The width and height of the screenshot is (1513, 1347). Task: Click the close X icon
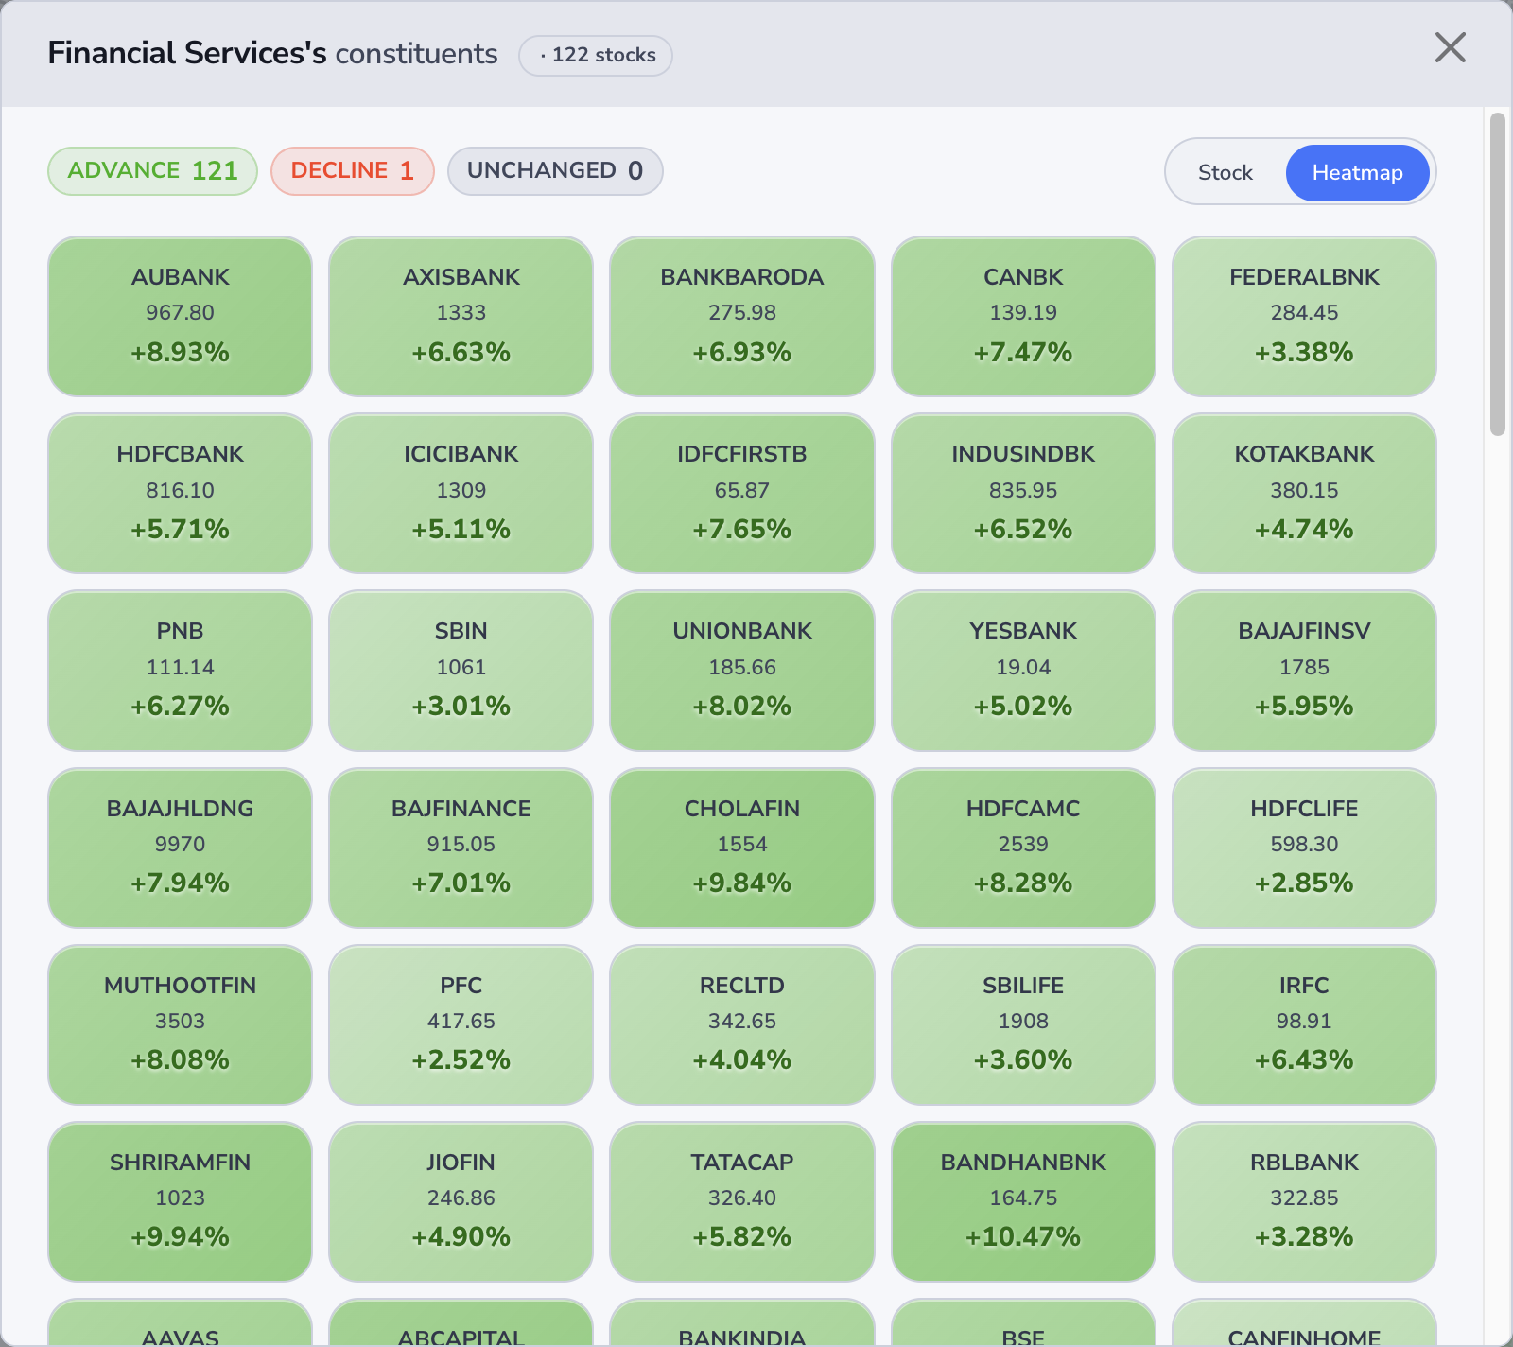(1450, 47)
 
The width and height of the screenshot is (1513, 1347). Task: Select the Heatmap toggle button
(1357, 172)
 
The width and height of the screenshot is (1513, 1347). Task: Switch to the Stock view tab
(1225, 172)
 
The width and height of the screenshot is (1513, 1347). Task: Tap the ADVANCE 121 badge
(152, 170)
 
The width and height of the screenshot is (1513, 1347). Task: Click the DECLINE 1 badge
(352, 170)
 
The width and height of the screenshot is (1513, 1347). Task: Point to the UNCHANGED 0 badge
(555, 170)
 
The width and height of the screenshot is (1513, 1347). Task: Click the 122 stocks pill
(596, 55)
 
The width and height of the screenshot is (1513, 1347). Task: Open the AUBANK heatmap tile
(180, 316)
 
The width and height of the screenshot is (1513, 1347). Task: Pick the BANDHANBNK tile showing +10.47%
(1023, 1201)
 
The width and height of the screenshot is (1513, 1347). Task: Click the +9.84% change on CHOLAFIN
(742, 883)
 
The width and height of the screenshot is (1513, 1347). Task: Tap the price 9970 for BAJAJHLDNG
(180, 844)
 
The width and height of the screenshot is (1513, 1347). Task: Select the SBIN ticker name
(461, 631)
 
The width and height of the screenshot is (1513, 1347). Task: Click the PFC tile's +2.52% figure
(461, 1059)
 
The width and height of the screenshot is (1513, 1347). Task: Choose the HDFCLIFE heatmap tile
(1304, 848)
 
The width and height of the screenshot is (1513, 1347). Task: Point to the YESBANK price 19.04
(1023, 667)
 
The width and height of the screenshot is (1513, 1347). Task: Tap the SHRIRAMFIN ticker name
(180, 1163)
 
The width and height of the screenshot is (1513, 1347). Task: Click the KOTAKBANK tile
(1304, 493)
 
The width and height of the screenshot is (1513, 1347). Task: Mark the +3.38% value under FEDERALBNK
(1304, 352)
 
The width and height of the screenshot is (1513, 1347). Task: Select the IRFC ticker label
(1304, 986)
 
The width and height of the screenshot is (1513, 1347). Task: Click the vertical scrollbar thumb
(1497, 274)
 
